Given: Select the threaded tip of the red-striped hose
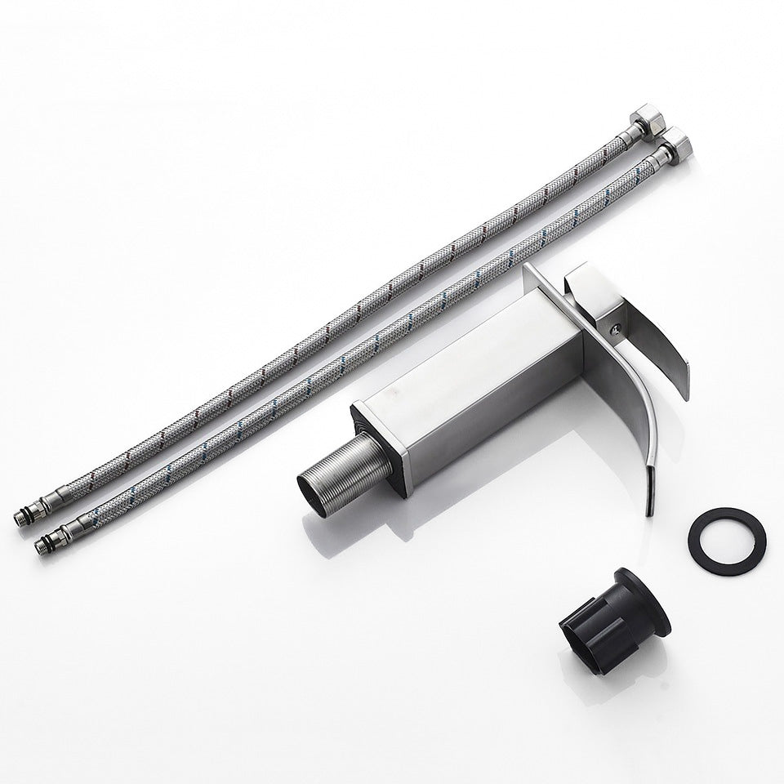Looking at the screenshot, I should (x=23, y=518).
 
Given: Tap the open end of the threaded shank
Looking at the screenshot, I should (x=309, y=488).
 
